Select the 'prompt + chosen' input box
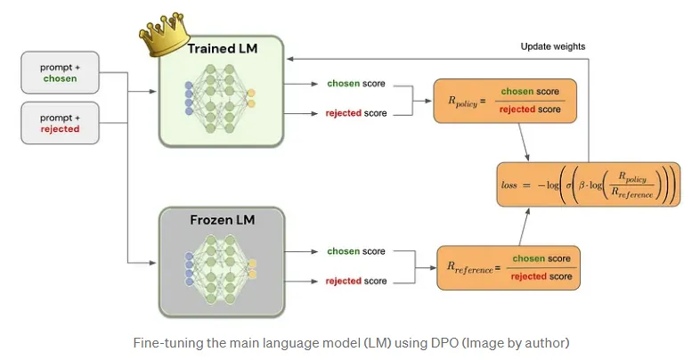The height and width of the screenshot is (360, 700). [61, 72]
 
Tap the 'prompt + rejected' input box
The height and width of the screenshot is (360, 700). [61, 123]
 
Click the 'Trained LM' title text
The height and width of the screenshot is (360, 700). [222, 48]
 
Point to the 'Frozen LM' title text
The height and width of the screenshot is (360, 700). [221, 218]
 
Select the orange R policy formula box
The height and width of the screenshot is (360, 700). [505, 100]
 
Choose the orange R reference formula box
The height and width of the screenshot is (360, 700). [508, 266]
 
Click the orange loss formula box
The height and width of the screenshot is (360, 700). [587, 184]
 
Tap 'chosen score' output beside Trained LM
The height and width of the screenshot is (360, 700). [356, 85]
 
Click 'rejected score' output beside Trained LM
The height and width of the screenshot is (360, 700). [356, 114]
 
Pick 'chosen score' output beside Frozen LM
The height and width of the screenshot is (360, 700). [356, 251]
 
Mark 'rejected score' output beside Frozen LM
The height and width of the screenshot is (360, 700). [356, 281]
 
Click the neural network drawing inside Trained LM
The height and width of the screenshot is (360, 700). [221, 99]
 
